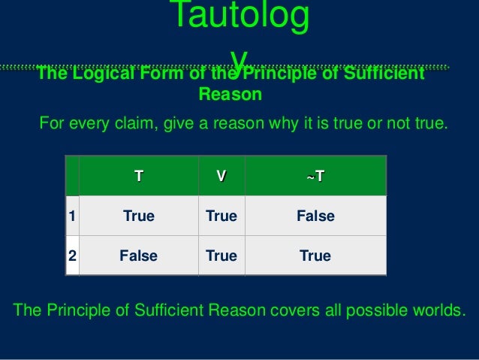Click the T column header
pyautogui.click(x=138, y=177)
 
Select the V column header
pyautogui.click(x=221, y=177)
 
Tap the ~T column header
pyautogui.click(x=315, y=177)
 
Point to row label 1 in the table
pyautogui.click(x=72, y=216)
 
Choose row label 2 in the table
pyautogui.click(x=72, y=256)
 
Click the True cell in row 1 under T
pyautogui.click(x=138, y=216)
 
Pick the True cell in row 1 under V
pyautogui.click(x=221, y=216)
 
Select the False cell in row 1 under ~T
pyautogui.click(x=315, y=216)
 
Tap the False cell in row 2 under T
pyautogui.click(x=138, y=256)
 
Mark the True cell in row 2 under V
pyautogui.click(x=221, y=256)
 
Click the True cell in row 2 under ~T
pyautogui.click(x=315, y=256)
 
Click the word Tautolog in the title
pyautogui.click(x=239, y=18)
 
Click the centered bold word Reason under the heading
pyautogui.click(x=230, y=95)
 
